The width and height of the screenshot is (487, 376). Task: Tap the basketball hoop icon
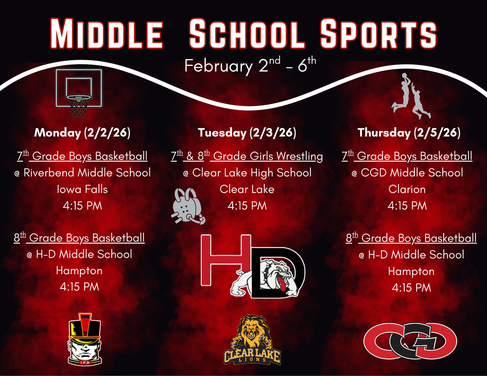(x=78, y=93)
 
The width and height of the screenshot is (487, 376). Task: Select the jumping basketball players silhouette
(x=411, y=96)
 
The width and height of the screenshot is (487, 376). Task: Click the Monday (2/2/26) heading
(x=82, y=133)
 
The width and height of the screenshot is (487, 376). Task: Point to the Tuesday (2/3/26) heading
(x=247, y=133)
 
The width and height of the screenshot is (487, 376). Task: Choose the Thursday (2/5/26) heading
(x=409, y=133)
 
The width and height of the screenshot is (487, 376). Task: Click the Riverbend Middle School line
(x=82, y=173)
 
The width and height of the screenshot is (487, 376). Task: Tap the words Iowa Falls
(x=82, y=189)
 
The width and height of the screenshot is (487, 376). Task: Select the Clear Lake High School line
(x=247, y=173)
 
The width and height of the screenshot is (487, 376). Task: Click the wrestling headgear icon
(x=187, y=206)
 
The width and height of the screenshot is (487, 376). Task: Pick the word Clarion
(x=407, y=189)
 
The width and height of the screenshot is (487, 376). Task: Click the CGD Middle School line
(x=407, y=173)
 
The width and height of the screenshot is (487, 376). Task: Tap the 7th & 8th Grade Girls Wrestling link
(x=247, y=156)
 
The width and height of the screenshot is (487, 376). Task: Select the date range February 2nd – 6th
(x=250, y=66)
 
